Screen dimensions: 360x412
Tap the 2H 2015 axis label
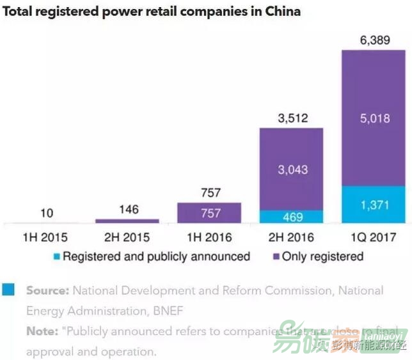point(127,237)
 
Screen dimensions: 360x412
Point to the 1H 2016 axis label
point(209,237)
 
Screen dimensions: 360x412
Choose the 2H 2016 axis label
point(291,237)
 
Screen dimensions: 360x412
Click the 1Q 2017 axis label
point(373,237)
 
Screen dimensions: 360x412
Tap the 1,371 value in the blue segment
point(374,205)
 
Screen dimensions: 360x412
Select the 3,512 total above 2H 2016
point(291,118)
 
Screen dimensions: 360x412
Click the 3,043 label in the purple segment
point(291,169)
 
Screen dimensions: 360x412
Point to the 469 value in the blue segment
point(291,217)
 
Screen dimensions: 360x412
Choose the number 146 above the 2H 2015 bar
point(127,209)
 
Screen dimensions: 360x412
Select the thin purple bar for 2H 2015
point(127,221)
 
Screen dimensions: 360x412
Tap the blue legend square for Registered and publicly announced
point(56,257)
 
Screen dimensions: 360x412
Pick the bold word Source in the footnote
point(47,290)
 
